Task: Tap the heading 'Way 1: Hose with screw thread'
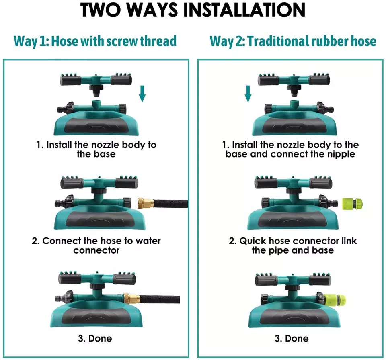95,41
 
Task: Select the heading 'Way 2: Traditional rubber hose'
293,41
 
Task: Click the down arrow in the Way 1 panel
142,94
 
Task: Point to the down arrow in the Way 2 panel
248,94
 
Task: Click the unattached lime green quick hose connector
353,204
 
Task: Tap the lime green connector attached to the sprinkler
335,299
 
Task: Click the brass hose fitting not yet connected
146,203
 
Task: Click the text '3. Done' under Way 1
95,338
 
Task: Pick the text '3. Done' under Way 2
292,338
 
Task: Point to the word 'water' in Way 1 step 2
148,241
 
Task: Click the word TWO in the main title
101,10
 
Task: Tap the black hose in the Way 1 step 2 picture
170,204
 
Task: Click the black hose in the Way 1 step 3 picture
160,299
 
